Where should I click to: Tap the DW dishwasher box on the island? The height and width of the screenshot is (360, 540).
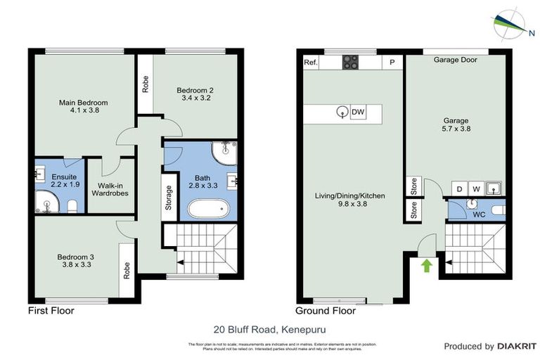(x=358, y=112)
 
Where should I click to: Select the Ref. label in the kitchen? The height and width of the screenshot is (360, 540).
(x=310, y=63)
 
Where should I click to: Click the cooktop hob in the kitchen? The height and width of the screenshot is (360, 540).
(x=351, y=62)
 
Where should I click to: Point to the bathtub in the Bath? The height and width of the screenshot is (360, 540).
(x=208, y=209)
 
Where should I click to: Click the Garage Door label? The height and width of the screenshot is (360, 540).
(x=455, y=60)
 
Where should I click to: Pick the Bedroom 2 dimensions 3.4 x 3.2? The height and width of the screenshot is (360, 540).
(x=194, y=98)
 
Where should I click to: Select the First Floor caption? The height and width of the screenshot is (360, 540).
(x=51, y=310)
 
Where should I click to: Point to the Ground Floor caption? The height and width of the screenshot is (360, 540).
(x=325, y=310)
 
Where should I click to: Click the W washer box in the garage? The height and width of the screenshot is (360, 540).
(x=476, y=188)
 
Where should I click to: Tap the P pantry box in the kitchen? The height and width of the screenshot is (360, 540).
(x=392, y=63)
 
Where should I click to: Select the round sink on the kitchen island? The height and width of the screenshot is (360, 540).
(x=342, y=111)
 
